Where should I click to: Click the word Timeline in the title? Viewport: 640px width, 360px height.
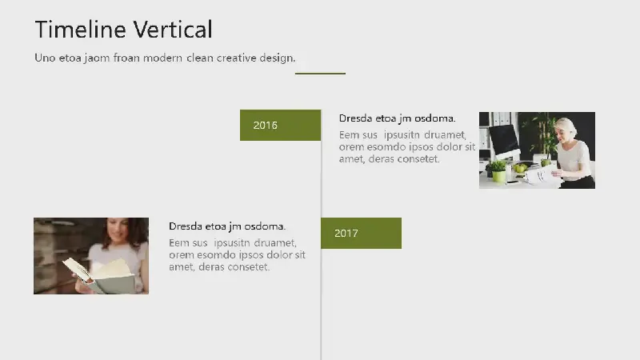tap(81, 30)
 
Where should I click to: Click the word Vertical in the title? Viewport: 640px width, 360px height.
tap(173, 30)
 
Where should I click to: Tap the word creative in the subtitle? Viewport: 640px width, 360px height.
tap(236, 58)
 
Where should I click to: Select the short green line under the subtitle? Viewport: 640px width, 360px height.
tap(321, 74)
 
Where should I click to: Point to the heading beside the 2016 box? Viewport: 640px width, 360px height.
tap(397, 118)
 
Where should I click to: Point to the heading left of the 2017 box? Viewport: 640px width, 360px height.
tap(227, 226)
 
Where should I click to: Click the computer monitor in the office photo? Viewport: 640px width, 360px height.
tap(504, 142)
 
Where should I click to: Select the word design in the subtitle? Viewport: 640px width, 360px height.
tap(278, 58)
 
